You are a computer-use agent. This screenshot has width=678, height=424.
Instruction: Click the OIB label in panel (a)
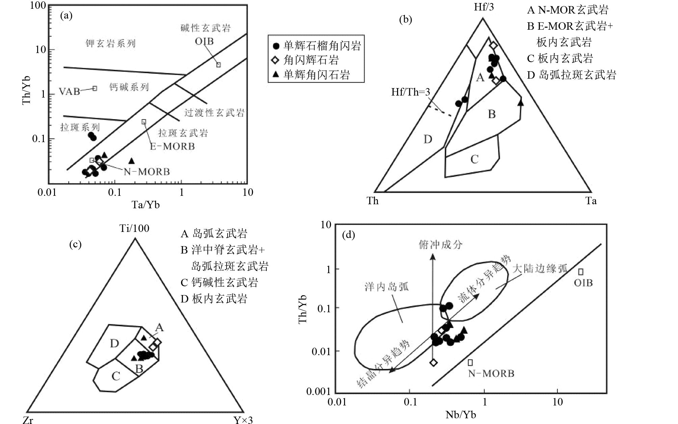204,42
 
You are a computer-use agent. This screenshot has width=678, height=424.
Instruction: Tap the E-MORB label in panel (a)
173,146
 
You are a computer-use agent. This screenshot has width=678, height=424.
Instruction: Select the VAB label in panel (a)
70,91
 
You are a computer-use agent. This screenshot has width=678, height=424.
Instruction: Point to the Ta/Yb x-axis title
146,205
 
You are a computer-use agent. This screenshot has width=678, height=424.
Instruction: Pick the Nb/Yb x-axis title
461,415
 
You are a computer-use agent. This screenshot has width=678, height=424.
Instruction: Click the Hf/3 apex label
484,7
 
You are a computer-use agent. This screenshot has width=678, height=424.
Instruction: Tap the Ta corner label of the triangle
591,201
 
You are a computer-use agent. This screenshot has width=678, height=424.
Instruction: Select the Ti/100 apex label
134,229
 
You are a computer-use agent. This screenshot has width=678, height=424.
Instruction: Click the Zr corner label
28,420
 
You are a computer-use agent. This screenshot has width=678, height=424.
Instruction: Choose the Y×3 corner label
243,420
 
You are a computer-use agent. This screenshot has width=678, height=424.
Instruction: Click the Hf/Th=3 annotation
411,92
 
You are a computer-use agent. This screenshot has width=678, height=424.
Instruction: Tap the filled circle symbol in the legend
277,46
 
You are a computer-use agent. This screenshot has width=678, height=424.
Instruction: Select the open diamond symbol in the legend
276,60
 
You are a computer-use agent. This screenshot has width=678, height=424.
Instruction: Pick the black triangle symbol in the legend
276,75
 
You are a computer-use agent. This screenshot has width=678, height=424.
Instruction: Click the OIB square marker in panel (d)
581,272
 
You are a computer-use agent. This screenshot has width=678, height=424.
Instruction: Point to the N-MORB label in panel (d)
491,373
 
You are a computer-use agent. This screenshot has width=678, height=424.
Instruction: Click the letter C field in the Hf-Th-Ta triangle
474,159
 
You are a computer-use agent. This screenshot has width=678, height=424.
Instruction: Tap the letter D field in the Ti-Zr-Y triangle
114,344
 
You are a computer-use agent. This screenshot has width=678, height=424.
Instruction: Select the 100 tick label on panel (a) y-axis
38,6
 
